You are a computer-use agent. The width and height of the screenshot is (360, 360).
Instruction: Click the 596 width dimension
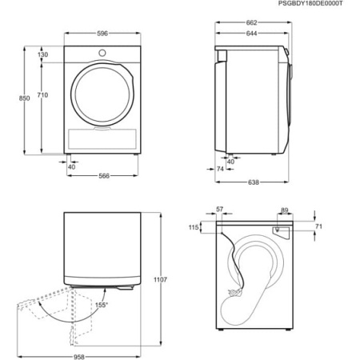click(101, 33)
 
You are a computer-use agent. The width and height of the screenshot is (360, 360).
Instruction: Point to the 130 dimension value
click(42, 54)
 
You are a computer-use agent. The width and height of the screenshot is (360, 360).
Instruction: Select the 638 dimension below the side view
click(253, 182)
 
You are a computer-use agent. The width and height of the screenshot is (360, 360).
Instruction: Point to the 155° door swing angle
click(124, 305)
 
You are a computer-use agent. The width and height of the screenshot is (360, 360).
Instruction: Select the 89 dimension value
click(285, 210)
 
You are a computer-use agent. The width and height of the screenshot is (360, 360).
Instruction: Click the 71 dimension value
click(318, 227)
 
